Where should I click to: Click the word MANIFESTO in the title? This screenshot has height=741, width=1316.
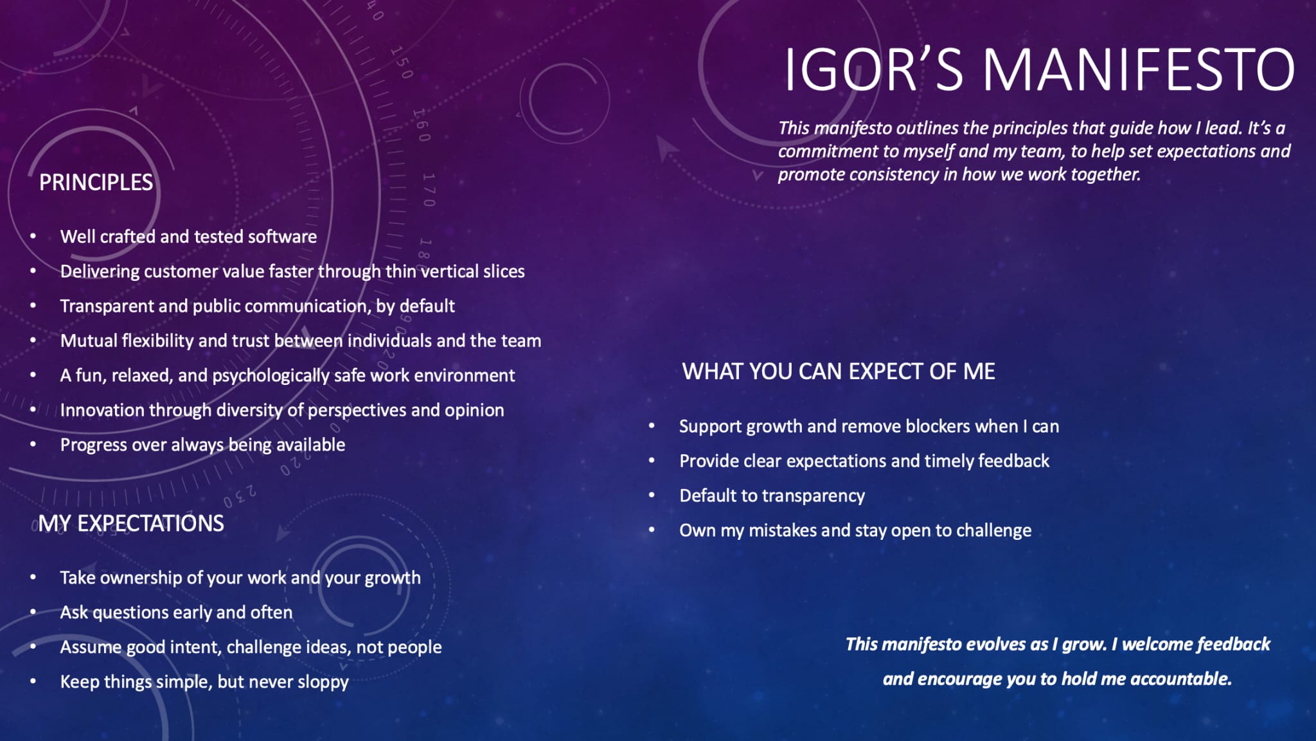click(1139, 69)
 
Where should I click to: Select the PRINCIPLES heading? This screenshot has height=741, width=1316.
click(96, 183)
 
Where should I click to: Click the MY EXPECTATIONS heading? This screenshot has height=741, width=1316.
click(131, 523)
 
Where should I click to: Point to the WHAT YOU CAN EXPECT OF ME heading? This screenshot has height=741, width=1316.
click(839, 371)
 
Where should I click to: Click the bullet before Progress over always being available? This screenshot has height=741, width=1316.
click(33, 444)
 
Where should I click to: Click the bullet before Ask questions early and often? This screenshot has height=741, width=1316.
click(33, 612)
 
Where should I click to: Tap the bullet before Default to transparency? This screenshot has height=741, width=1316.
click(652, 495)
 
